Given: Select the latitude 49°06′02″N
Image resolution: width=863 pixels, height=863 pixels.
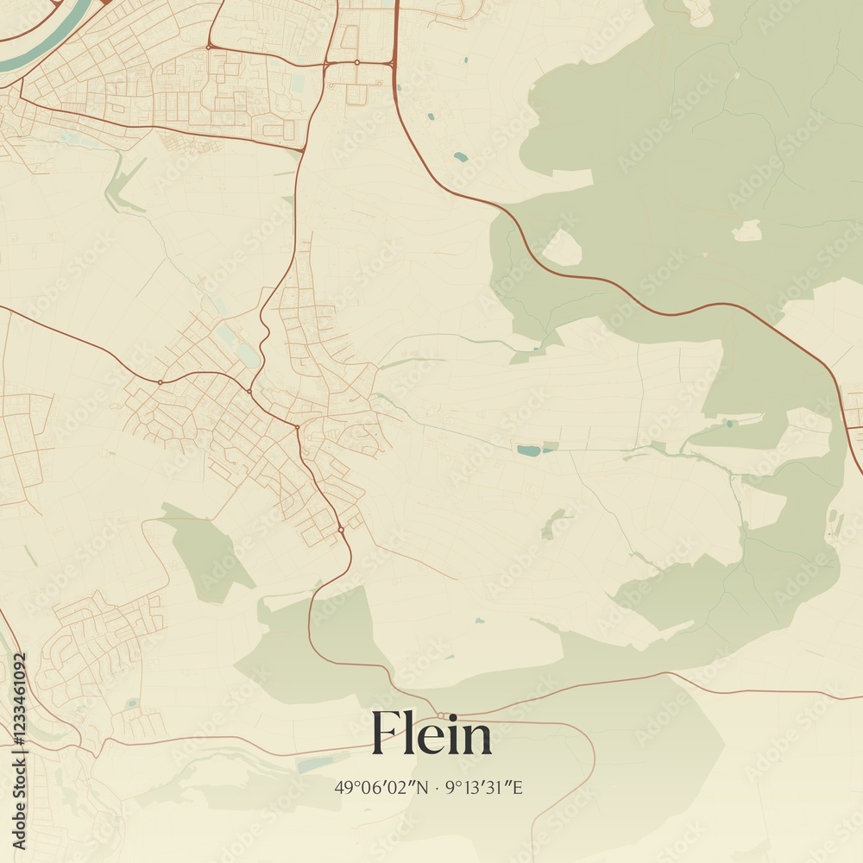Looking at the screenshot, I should tap(380, 787).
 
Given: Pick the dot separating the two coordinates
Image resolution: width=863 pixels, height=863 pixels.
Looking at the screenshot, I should tap(437, 787).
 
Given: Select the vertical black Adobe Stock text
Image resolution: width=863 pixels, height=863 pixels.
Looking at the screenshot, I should tap(20, 778).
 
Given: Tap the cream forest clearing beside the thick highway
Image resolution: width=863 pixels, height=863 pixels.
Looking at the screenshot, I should tap(562, 248).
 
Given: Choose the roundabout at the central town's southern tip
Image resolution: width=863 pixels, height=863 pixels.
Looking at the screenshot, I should tap(341, 529).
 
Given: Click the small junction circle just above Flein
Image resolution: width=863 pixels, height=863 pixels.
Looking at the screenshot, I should tap(441, 715).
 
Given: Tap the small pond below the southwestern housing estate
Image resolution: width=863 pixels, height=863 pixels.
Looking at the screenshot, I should tap(131, 703).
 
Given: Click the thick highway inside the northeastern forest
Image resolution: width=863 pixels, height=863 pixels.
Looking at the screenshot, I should tap(604, 280).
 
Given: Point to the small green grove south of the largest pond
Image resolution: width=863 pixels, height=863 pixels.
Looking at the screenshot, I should tap(553, 523).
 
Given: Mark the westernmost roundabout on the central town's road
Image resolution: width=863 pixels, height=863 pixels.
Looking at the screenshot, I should tap(160, 381).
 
